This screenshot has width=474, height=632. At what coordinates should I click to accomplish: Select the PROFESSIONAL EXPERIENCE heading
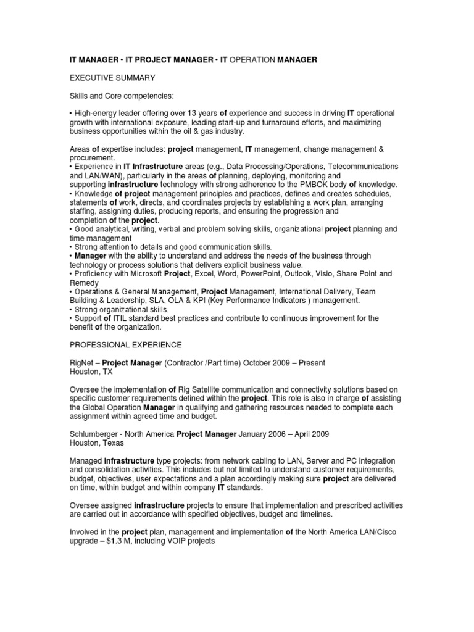125,344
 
